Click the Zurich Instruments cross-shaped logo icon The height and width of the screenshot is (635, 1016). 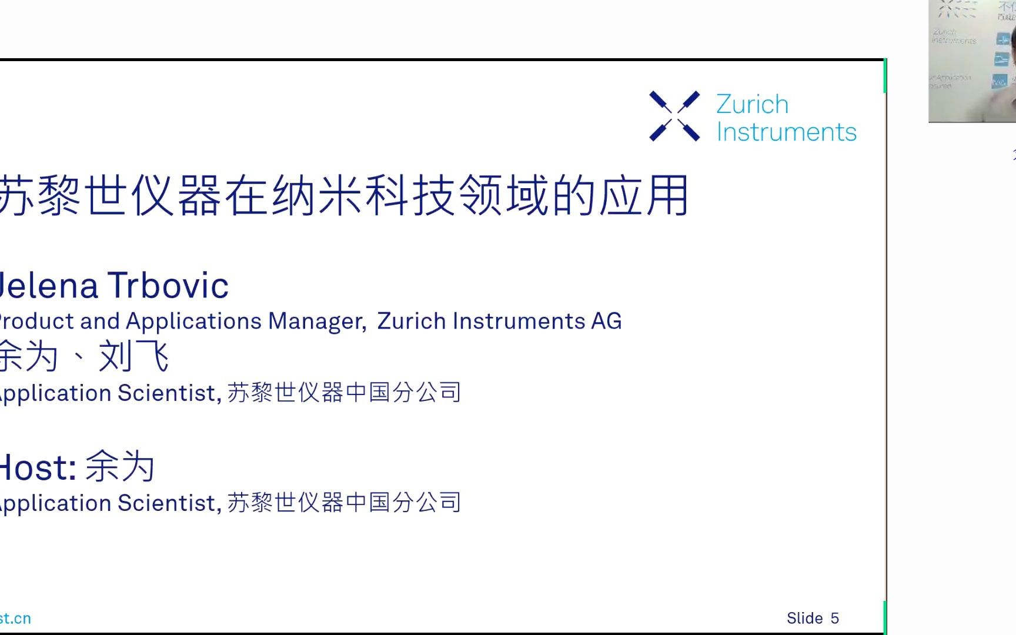tap(674, 116)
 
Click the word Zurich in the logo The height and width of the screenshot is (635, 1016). tap(752, 105)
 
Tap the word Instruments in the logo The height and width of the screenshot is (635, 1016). tap(786, 132)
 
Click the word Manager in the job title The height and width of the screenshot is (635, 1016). tap(316, 322)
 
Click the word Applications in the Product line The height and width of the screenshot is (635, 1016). tap(193, 322)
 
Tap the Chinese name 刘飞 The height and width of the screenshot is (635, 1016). tap(133, 356)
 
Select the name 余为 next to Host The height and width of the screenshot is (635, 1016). tap(120, 467)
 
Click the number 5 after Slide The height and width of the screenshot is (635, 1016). tap(834, 619)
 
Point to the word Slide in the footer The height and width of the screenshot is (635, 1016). tap(804, 619)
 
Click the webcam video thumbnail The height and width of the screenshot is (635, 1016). tap(972, 61)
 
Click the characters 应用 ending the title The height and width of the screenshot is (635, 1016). tap(643, 196)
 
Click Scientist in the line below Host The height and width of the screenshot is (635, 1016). tap(168, 503)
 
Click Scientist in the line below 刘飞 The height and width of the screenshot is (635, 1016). tap(168, 393)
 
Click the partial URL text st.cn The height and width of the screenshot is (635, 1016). tap(15, 619)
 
